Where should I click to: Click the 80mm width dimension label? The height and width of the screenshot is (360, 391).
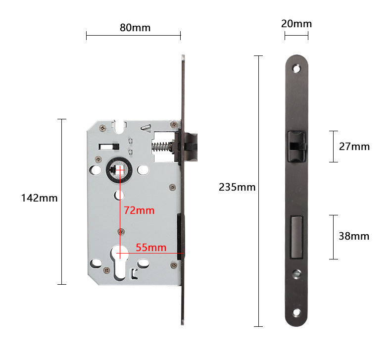coord(135,27)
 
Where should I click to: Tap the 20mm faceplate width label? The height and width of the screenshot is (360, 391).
coord(296,24)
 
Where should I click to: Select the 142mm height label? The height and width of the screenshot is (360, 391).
coord(40,198)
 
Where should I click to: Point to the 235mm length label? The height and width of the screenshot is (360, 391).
coord(237,187)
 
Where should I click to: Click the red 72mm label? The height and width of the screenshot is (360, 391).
coord(139,210)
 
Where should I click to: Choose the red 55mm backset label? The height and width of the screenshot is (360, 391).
coord(151,248)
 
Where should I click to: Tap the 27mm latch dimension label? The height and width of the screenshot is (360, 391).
coord(354,147)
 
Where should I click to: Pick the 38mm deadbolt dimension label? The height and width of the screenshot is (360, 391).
coord(354,236)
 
